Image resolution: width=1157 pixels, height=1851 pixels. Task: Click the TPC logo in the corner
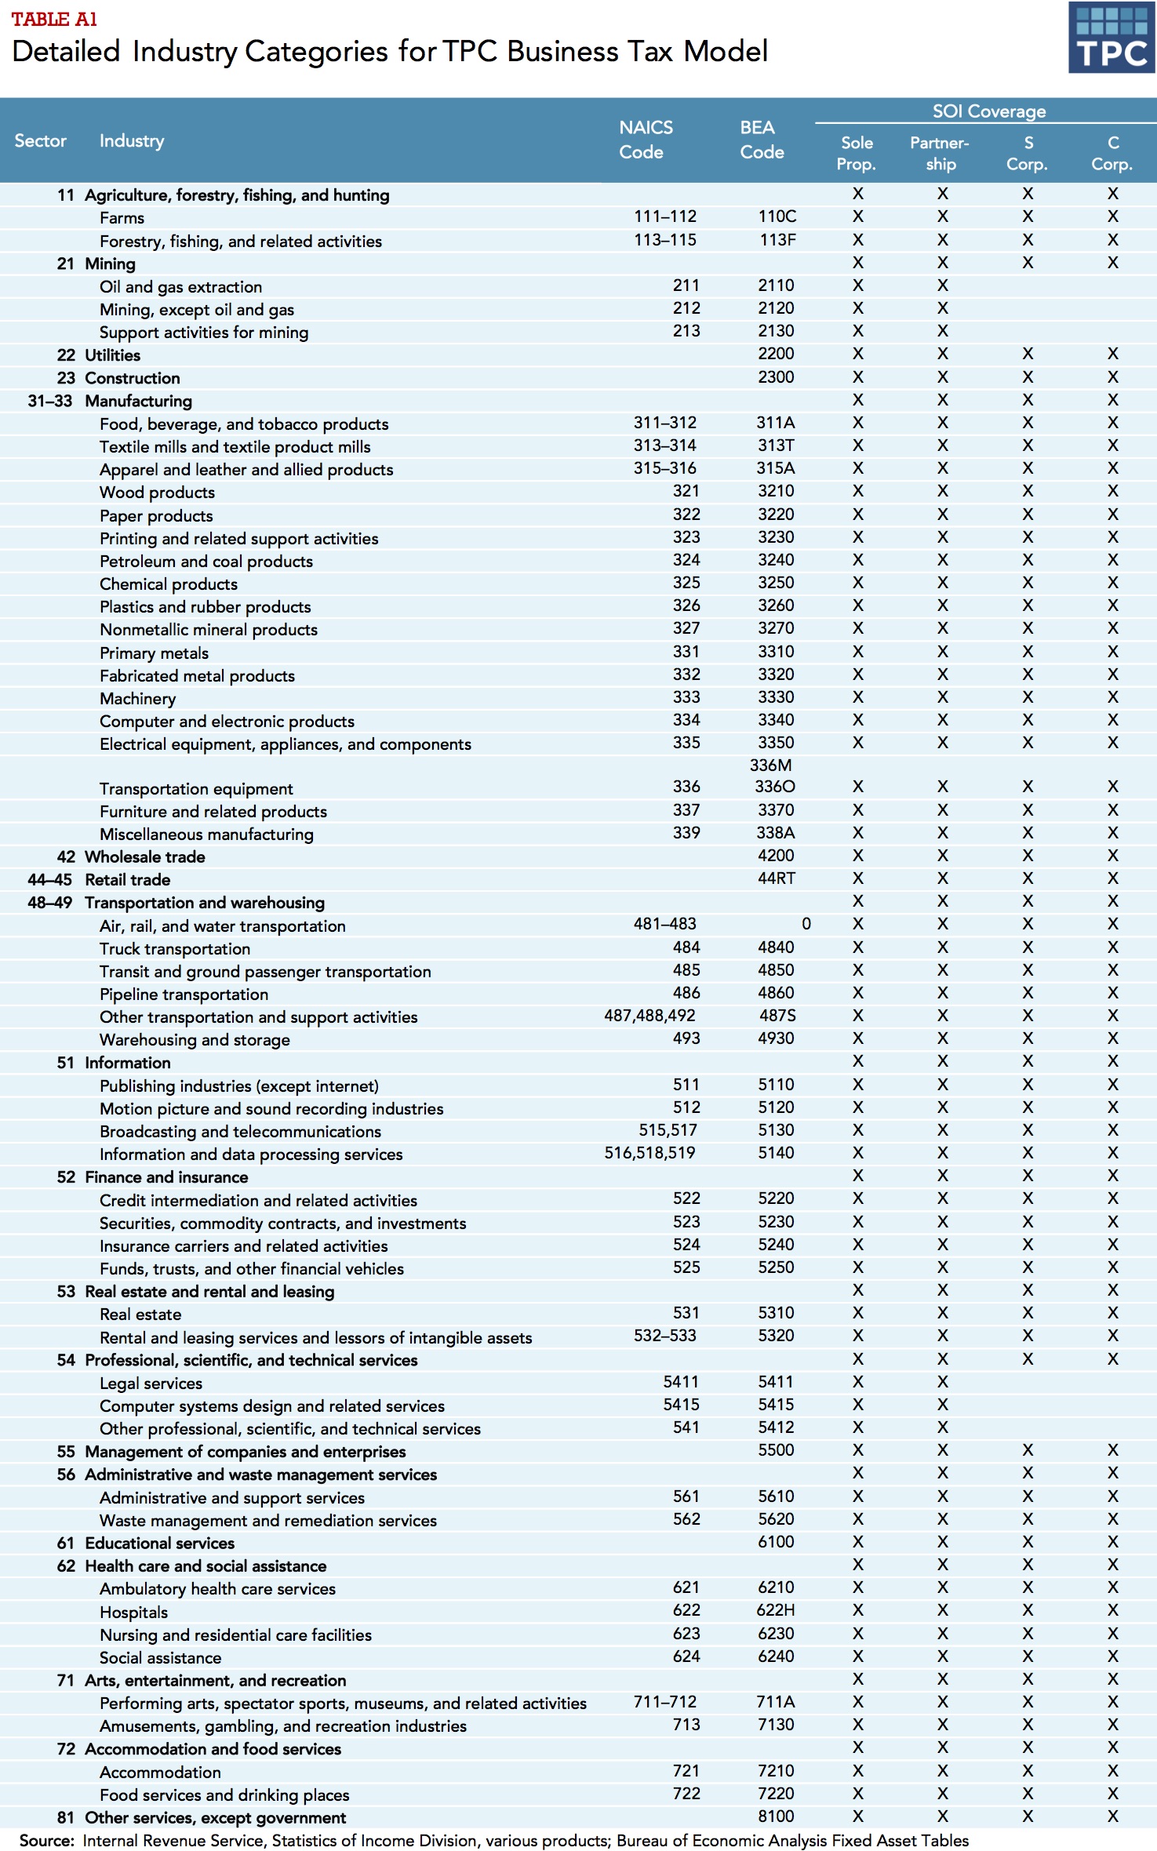(x=1111, y=38)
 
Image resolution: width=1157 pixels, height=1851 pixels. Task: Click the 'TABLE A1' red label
(x=54, y=19)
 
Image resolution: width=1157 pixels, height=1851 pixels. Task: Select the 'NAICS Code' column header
(x=645, y=140)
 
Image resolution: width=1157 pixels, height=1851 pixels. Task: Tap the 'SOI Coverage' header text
(x=988, y=111)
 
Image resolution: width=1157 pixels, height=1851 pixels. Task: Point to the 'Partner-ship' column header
(x=940, y=153)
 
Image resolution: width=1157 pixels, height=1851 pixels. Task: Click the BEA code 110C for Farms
(x=777, y=216)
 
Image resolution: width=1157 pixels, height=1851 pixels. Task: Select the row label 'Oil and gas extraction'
(x=180, y=287)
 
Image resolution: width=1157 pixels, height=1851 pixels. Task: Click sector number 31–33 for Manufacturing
(x=49, y=401)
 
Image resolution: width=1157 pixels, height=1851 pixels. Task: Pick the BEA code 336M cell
(x=770, y=765)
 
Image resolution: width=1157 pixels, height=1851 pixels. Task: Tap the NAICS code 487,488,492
(x=649, y=1016)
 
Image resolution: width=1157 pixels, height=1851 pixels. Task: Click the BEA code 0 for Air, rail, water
(x=806, y=924)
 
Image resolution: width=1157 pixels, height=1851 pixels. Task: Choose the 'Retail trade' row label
(x=127, y=880)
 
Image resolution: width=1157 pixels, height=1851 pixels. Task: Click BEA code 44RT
(x=776, y=878)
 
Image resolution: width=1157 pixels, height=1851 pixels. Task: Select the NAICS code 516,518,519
(x=649, y=1153)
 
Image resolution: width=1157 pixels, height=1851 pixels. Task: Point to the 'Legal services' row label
(x=151, y=1384)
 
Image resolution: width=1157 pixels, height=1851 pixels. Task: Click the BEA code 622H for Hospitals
(x=776, y=1610)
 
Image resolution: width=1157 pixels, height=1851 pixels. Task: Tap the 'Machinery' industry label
(x=137, y=699)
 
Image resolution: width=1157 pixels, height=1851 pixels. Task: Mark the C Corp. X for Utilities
(x=1112, y=354)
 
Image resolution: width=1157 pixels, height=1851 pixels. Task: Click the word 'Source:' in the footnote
(x=47, y=1841)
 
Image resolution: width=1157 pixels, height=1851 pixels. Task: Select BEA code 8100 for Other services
(x=776, y=1816)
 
